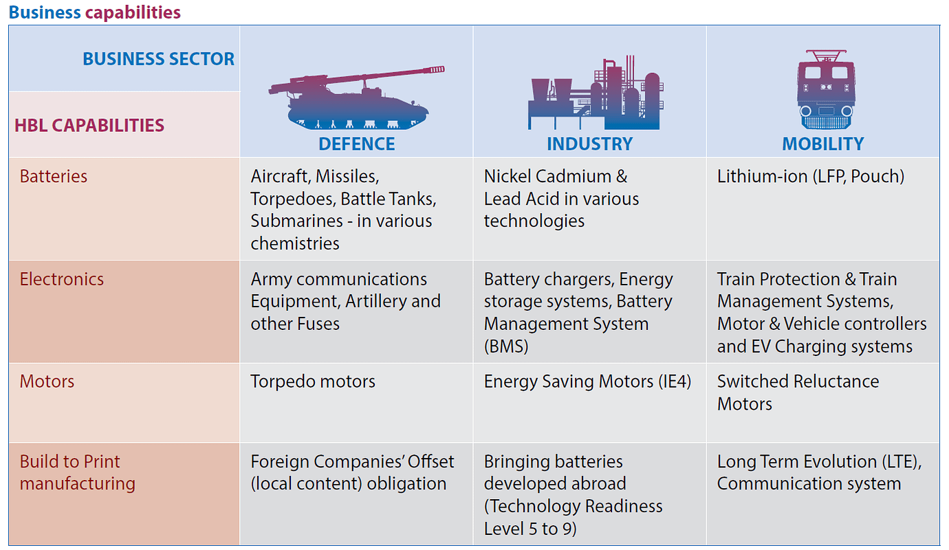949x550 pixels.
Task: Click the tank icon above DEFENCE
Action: coord(356,98)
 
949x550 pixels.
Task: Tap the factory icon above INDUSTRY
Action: coord(596,92)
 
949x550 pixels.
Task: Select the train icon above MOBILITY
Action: coord(826,89)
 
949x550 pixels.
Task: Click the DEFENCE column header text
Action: coord(357,144)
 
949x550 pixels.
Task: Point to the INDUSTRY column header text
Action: coord(590,144)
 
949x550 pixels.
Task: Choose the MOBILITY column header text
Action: coord(822,144)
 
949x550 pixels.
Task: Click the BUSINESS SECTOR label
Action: coord(158,59)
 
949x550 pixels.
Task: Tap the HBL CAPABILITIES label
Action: coord(89,125)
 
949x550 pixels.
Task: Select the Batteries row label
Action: coord(54,176)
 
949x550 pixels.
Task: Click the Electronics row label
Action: coord(61,279)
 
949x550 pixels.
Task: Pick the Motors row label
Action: coord(47,382)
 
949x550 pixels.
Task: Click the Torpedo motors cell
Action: coord(313,382)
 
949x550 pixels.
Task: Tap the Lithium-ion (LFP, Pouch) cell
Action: coord(811,177)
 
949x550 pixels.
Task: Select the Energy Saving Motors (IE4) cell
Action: coord(587,382)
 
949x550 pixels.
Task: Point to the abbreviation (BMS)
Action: coord(506,346)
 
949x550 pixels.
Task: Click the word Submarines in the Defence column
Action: coord(297,221)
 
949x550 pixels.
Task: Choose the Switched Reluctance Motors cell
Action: coord(798,393)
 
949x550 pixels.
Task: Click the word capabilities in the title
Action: coord(133,12)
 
